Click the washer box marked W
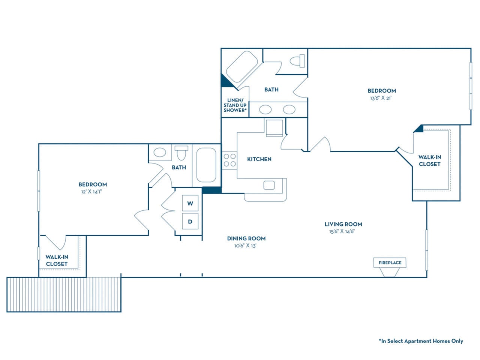(190, 203)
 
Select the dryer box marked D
(190, 221)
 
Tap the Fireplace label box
(390, 262)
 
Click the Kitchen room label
(259, 159)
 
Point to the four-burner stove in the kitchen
(229, 160)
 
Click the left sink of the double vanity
(266, 109)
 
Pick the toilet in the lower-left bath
(181, 153)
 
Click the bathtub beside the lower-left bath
(206, 165)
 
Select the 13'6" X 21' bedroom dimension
(381, 98)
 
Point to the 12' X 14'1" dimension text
(92, 192)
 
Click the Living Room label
(343, 224)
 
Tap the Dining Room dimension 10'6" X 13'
(246, 246)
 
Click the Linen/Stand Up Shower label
(235, 105)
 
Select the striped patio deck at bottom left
(64, 294)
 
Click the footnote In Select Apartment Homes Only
(421, 341)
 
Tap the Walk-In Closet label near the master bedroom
(430, 160)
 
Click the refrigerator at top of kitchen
(274, 127)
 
